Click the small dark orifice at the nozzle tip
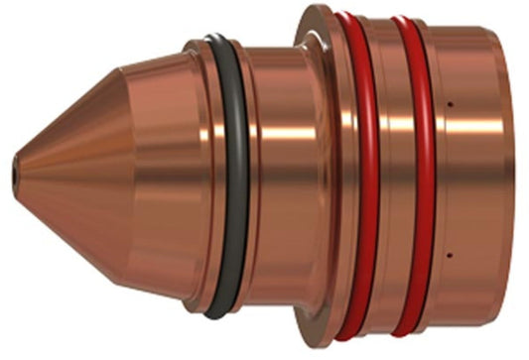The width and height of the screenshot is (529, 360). (x=14, y=175)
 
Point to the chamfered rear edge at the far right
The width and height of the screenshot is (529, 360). (x=517, y=179)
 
